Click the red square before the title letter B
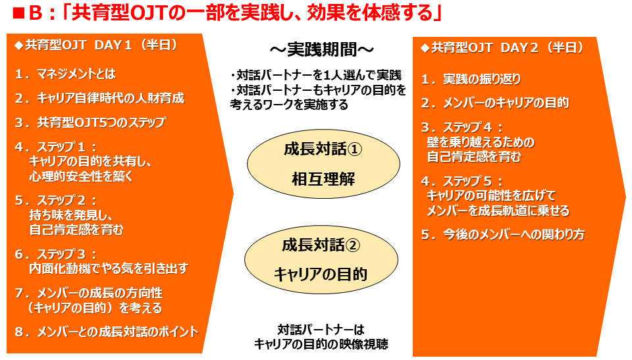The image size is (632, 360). click(x=18, y=14)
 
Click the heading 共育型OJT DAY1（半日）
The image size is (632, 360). click(x=96, y=45)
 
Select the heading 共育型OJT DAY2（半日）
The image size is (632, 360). click(x=502, y=47)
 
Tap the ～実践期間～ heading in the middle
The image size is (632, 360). click(x=322, y=50)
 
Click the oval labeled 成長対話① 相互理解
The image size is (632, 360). click(x=323, y=164)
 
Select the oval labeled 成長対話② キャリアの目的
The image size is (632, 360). click(x=321, y=259)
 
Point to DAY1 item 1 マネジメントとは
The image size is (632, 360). click(x=65, y=74)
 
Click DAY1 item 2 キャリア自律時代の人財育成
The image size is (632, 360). click(x=99, y=98)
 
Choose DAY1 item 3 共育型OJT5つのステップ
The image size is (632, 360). click(x=90, y=122)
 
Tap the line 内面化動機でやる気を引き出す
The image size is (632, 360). click(x=109, y=269)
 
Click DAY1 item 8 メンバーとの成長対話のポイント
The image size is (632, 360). click(x=107, y=332)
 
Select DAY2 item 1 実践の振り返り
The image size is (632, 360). click(x=471, y=79)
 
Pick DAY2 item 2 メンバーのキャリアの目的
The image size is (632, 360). click(x=495, y=103)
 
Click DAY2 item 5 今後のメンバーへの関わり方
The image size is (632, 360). click(x=502, y=234)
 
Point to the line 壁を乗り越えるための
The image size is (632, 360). click(x=481, y=142)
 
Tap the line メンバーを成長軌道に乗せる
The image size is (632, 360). click(x=498, y=211)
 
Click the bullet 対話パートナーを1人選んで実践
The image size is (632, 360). click(x=316, y=76)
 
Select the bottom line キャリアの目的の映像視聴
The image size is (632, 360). click(x=321, y=344)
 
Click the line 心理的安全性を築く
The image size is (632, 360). click(x=81, y=176)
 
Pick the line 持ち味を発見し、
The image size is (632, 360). click(x=71, y=215)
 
